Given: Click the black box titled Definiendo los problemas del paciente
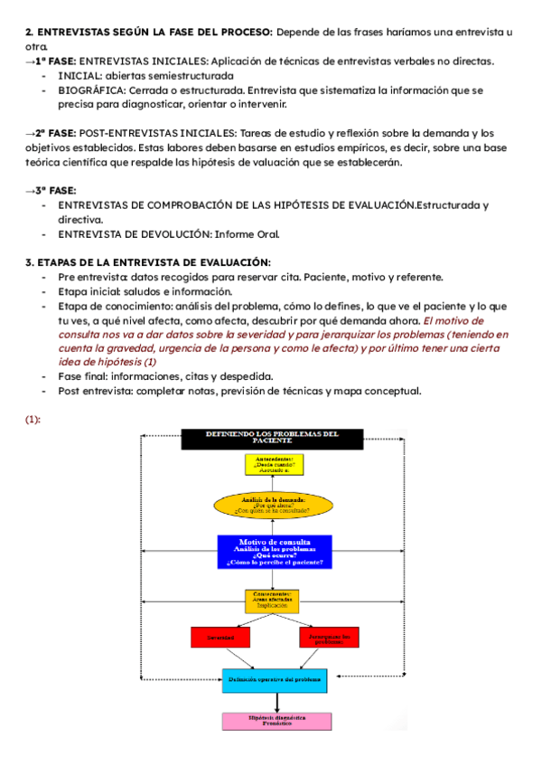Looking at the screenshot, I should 272,438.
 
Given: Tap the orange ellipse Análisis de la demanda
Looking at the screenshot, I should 272,505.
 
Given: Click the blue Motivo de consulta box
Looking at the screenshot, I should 275,551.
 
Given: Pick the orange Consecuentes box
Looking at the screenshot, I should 272,601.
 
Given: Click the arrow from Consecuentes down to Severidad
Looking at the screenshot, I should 244,620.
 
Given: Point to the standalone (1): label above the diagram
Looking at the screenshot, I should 33,420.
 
